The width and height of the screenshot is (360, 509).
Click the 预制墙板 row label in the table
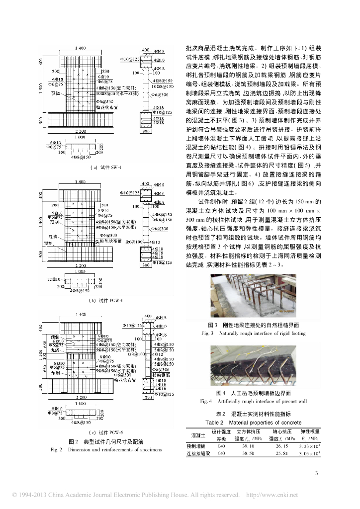point(195,446)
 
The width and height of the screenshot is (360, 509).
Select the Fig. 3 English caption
point(253,333)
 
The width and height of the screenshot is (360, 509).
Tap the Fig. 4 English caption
point(253,401)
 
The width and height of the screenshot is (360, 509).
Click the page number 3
point(316,473)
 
